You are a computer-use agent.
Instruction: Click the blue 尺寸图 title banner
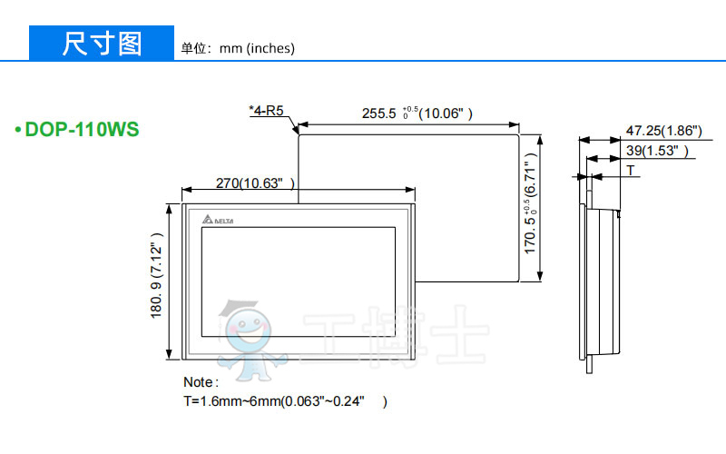point(102,43)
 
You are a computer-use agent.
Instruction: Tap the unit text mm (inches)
point(257,48)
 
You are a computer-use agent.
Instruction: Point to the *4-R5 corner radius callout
point(266,110)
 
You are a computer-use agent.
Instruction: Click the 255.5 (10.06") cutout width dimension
point(417,113)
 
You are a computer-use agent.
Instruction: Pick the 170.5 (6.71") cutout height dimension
point(530,203)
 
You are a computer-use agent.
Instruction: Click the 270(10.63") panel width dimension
point(255,183)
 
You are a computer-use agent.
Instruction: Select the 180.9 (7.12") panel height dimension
point(156,276)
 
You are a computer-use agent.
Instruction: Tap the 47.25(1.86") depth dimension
point(664,131)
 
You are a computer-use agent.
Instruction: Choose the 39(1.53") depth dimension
point(657,151)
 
